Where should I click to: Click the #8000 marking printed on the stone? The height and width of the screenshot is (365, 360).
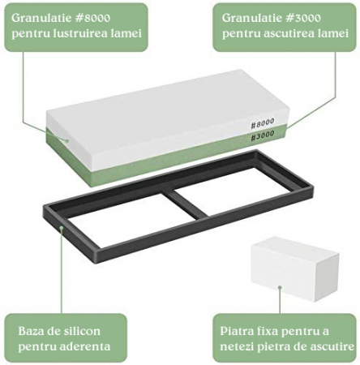[263, 123]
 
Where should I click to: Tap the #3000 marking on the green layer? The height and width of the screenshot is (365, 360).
[263, 135]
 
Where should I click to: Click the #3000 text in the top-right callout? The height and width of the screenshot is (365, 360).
[304, 18]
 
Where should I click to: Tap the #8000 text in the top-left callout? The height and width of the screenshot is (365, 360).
[93, 18]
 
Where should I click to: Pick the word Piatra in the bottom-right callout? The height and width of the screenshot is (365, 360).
[235, 331]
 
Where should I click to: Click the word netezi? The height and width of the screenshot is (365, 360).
[237, 346]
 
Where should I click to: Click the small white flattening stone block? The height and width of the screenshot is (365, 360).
[294, 268]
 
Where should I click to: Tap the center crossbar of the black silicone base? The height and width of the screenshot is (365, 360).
[186, 204]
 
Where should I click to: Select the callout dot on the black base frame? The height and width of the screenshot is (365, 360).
[62, 227]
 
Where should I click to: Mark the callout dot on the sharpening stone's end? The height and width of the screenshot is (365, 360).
[67, 140]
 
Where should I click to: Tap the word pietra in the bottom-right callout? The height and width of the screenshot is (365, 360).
[272, 347]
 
